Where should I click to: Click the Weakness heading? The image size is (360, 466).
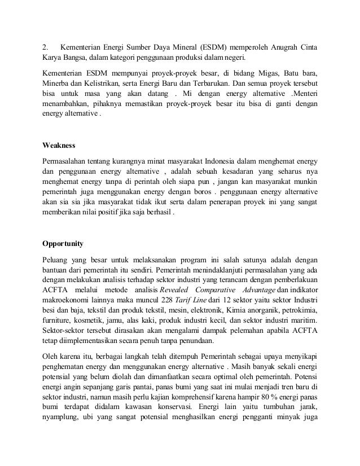pos(59,145)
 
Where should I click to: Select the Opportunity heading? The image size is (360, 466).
pos(63,244)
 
